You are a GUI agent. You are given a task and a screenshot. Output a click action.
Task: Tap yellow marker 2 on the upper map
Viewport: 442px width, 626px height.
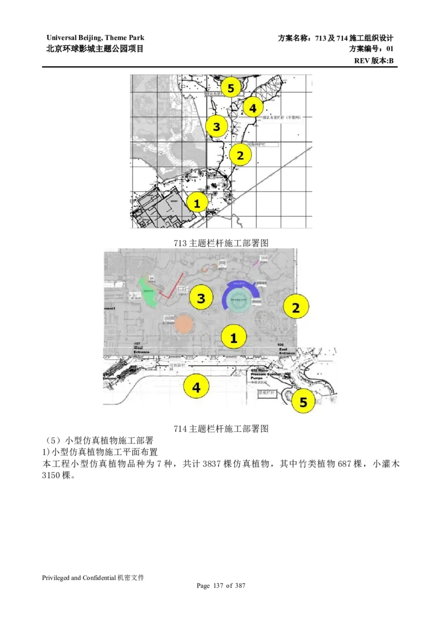pyautogui.click(x=240, y=155)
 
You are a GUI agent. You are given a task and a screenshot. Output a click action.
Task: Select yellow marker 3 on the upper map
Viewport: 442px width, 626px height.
pyautogui.click(x=217, y=127)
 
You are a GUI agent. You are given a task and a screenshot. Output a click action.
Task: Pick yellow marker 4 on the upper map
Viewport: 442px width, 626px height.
pyautogui.click(x=252, y=108)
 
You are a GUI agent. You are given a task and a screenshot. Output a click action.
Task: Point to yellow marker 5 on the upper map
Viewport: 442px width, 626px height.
pyautogui.click(x=231, y=87)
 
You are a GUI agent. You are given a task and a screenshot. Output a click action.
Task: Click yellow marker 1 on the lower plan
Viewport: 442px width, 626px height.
pyautogui.click(x=234, y=337)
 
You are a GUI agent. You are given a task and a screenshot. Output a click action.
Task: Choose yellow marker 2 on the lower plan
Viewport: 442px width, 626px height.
pyautogui.click(x=296, y=307)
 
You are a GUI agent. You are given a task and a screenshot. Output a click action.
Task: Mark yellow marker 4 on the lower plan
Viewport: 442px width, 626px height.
pyautogui.click(x=196, y=387)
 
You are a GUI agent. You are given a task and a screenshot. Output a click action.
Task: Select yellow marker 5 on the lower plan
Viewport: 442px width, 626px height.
pyautogui.click(x=303, y=401)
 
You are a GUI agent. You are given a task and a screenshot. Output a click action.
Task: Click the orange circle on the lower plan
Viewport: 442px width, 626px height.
pyautogui.click(x=182, y=324)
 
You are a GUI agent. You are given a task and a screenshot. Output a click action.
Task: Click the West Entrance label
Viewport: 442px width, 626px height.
pyautogui.click(x=142, y=349)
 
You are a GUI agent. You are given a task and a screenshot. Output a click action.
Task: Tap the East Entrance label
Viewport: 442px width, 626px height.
pyautogui.click(x=287, y=349)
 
